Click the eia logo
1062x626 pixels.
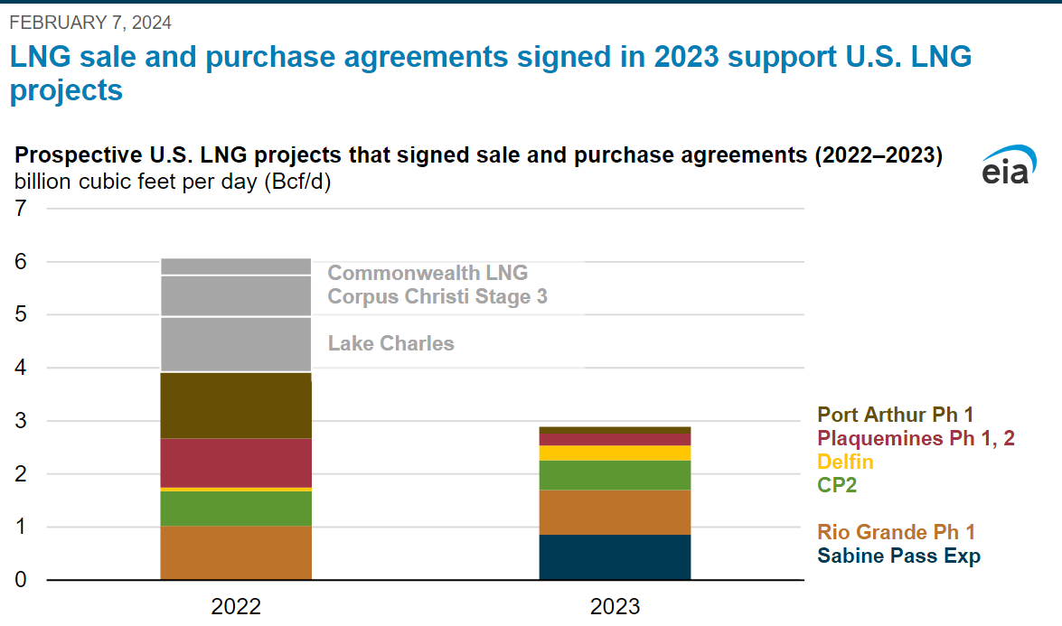click(1005, 166)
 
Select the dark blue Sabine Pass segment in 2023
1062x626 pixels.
click(615, 556)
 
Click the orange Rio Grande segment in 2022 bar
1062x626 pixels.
click(236, 552)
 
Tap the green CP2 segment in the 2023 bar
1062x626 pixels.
click(615, 475)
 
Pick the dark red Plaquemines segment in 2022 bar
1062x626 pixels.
click(236, 462)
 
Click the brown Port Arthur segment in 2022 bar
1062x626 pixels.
click(236, 406)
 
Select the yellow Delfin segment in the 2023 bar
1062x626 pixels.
click(615, 453)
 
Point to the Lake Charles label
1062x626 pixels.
click(390, 343)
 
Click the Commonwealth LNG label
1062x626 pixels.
click(428, 272)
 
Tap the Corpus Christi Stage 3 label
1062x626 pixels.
click(437, 296)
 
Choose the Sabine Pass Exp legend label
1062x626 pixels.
click(898, 556)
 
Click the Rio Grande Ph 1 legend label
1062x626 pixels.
click(896, 532)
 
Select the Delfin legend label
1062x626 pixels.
click(845, 462)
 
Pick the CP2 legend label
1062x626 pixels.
click(837, 485)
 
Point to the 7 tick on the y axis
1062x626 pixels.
click(20, 209)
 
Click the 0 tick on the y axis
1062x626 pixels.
click(20, 580)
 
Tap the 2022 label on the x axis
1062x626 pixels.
click(236, 606)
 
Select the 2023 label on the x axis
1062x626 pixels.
click(615, 606)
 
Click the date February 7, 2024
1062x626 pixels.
click(90, 22)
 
